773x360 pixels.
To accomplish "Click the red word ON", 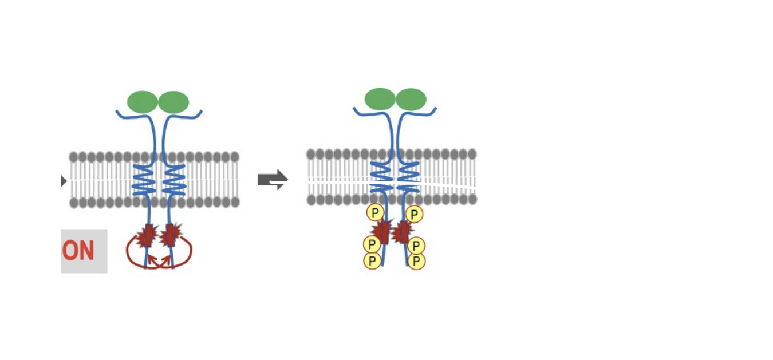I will pyautogui.click(x=78, y=251).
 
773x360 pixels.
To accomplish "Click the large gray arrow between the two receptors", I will pyautogui.click(x=273, y=179).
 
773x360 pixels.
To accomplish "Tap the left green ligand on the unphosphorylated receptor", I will pyautogui.click(x=142, y=102).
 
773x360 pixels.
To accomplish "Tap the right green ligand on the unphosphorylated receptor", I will pyautogui.click(x=173, y=102).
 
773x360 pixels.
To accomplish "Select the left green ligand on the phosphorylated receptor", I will pyautogui.click(x=380, y=99).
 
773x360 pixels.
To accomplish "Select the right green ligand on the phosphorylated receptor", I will pyautogui.click(x=411, y=99).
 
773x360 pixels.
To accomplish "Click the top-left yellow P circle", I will pyautogui.click(x=375, y=213).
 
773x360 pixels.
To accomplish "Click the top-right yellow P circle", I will pyautogui.click(x=414, y=214).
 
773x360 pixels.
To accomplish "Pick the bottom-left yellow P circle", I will pyautogui.click(x=372, y=261).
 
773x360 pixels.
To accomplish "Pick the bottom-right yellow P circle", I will pyautogui.click(x=416, y=262).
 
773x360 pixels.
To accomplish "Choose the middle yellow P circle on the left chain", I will pyautogui.click(x=372, y=244).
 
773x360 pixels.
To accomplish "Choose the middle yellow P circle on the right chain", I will pyautogui.click(x=416, y=246).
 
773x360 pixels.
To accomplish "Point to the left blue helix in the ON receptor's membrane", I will pyautogui.click(x=144, y=180).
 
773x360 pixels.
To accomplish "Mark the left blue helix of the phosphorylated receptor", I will pyautogui.click(x=381, y=177).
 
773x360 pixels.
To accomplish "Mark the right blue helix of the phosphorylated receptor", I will pyautogui.click(x=408, y=177).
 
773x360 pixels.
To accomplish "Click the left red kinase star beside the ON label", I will pyautogui.click(x=148, y=235).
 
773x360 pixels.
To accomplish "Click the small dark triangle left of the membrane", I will pyautogui.click(x=64, y=181).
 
